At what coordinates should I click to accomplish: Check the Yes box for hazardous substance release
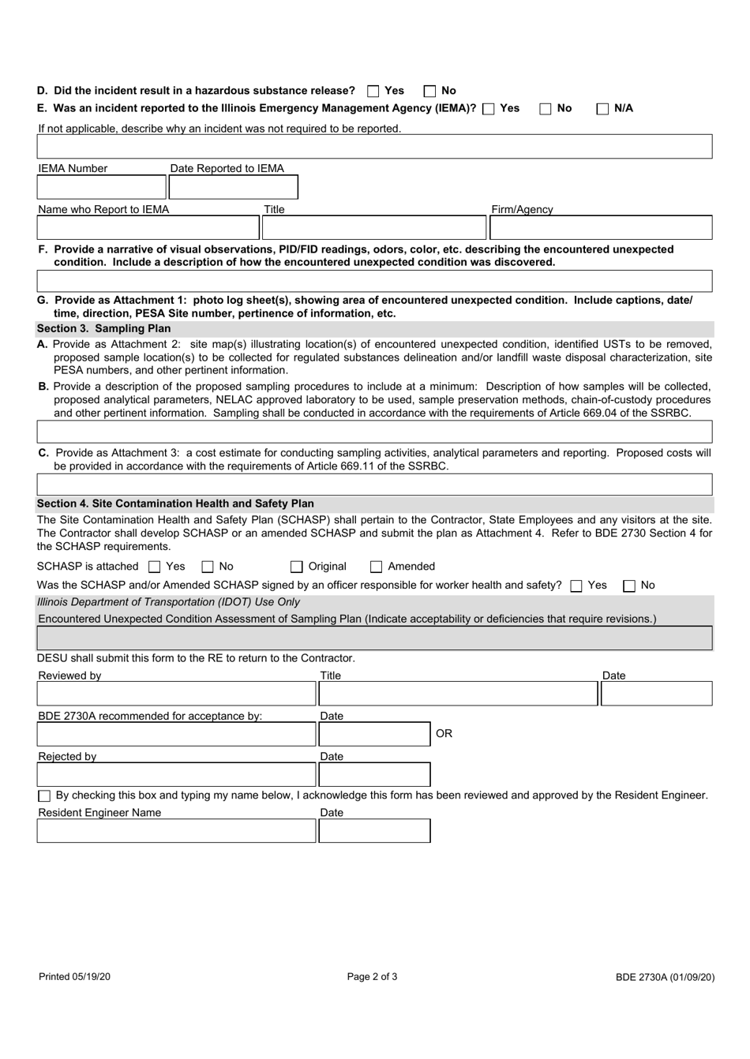373,92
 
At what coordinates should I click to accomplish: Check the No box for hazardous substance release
429,92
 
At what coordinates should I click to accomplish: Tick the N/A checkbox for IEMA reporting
602,109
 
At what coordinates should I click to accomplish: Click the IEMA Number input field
101,187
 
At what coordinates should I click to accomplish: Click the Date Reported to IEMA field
233,187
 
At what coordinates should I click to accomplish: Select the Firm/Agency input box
600,228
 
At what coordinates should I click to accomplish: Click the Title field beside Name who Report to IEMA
373,228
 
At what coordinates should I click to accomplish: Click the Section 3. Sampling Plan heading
104,328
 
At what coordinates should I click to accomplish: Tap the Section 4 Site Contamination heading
175,503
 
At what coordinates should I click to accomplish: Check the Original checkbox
296,567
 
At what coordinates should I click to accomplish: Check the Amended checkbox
377,567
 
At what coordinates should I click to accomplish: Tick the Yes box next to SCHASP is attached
155,567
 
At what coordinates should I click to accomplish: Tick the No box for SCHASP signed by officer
630,586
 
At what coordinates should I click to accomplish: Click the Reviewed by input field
176,694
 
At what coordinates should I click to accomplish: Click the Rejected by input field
176,775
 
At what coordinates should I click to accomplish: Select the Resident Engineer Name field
176,831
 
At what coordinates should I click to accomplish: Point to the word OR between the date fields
444,734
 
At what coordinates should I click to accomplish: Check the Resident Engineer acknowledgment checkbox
44,796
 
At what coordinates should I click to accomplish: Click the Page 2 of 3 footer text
372,977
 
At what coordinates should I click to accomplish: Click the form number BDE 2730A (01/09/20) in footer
665,977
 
